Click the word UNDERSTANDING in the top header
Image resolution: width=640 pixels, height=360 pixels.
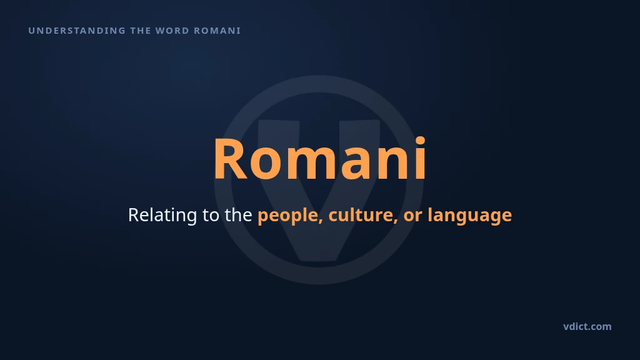click(77, 31)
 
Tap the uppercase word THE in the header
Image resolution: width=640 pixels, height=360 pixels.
click(140, 31)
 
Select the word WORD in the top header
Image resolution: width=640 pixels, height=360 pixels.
click(172, 31)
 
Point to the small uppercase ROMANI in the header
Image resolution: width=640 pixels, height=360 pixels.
click(217, 31)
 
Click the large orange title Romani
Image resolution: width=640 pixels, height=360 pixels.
click(320, 158)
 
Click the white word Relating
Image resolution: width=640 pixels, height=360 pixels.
click(162, 215)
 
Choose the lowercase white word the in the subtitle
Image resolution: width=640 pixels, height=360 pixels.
click(238, 215)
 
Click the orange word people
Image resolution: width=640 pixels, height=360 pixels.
click(288, 216)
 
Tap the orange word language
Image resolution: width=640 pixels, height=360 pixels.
click(469, 216)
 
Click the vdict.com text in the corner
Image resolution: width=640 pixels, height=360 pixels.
click(587, 326)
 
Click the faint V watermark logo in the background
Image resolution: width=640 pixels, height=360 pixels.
click(319, 179)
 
